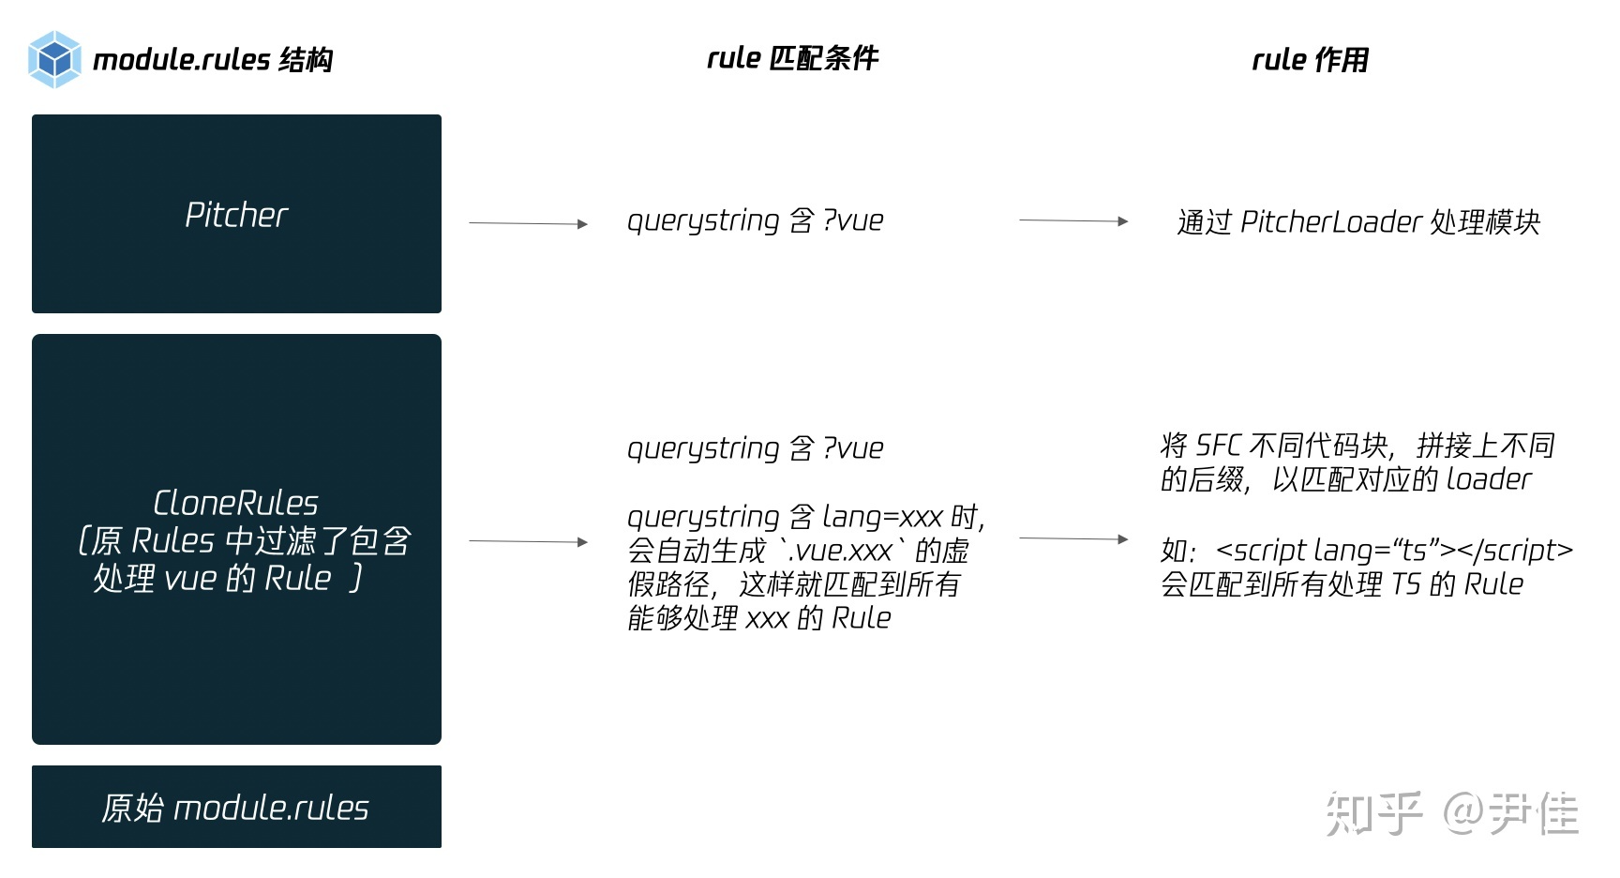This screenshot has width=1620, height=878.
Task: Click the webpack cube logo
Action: point(54,59)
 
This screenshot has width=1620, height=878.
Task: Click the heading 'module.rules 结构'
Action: point(213,60)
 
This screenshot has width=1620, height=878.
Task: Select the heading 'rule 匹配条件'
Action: point(792,58)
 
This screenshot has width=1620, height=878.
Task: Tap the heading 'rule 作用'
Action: point(1310,60)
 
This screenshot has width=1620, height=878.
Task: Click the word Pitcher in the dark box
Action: point(236,215)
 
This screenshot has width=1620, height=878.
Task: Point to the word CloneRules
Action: point(236,503)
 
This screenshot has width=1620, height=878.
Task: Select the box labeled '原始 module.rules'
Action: point(236,807)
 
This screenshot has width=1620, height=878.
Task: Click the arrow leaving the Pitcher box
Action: point(528,223)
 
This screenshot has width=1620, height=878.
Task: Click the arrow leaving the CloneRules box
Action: point(528,541)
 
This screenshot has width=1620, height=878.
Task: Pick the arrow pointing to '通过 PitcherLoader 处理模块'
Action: point(1073,220)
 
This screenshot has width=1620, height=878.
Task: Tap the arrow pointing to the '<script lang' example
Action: point(1073,538)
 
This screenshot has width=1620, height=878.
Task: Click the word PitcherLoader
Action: point(1331,222)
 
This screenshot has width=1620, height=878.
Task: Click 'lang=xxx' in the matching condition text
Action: point(882,517)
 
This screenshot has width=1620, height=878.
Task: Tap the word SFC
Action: point(1219,446)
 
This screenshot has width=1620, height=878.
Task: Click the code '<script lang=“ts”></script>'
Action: point(1394,551)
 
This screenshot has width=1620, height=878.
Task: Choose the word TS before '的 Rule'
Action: point(1405,584)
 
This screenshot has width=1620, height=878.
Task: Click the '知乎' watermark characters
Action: point(1373,812)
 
